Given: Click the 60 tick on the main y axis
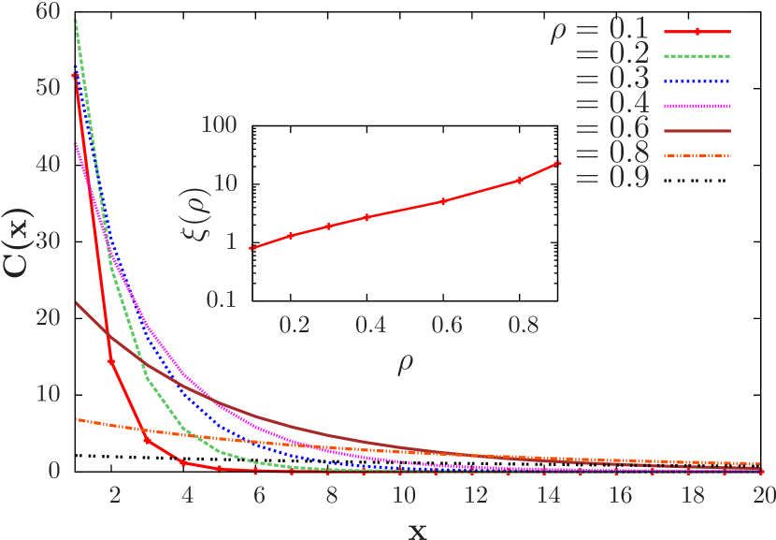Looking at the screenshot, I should tap(47, 11).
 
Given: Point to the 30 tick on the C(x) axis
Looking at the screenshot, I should tap(47, 241).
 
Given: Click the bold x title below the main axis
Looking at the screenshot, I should tap(417, 529).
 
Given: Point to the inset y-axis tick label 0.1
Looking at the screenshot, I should tap(219, 299).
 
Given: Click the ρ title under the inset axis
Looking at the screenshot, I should tap(406, 361).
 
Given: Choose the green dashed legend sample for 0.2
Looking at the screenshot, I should tap(697, 56).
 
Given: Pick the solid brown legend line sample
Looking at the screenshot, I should tap(697, 130).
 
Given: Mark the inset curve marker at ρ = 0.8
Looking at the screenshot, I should tap(519, 180).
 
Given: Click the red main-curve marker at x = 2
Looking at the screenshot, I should tap(111, 361).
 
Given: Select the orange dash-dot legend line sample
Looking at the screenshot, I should tap(697, 154).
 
